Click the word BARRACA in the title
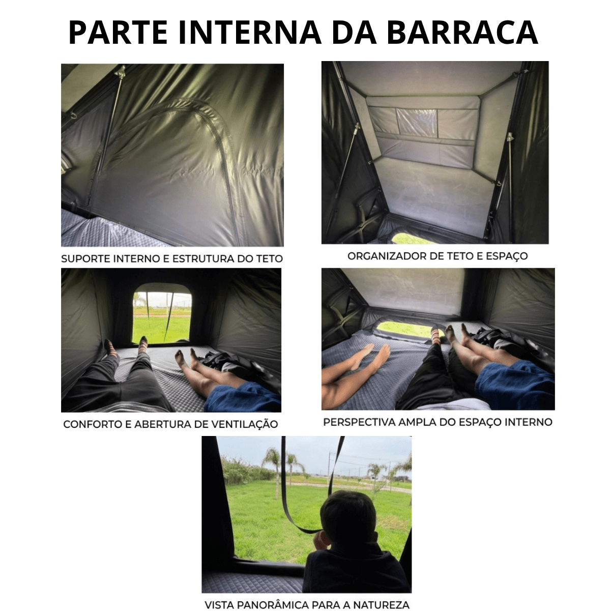click(462, 33)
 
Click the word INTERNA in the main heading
click(250, 33)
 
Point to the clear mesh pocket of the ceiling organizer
click(417, 123)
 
